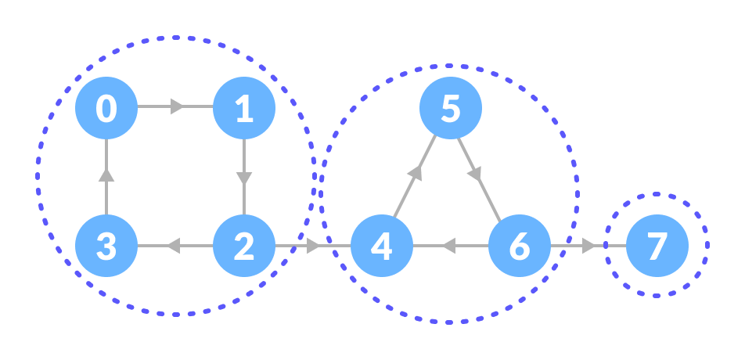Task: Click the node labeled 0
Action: tap(106, 108)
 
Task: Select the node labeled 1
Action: tap(244, 108)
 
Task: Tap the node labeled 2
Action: tap(244, 246)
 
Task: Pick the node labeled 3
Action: tap(106, 246)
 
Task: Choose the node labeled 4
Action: tap(382, 246)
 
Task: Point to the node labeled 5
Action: tap(451, 108)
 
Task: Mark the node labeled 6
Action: tap(520, 246)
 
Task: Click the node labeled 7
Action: tap(657, 246)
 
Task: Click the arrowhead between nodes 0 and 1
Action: tap(178, 106)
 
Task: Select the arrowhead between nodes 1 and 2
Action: tap(244, 178)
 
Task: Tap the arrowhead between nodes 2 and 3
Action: tap(173, 246)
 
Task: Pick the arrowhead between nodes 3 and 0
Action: tap(106, 175)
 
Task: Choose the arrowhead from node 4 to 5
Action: tap(416, 173)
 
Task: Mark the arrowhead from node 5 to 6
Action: tap(475, 173)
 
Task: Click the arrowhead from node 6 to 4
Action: tap(448, 246)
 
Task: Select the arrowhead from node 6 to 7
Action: tap(589, 246)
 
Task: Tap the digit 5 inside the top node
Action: tap(451, 108)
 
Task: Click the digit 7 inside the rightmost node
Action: tap(657, 246)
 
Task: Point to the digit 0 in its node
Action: tap(106, 108)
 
